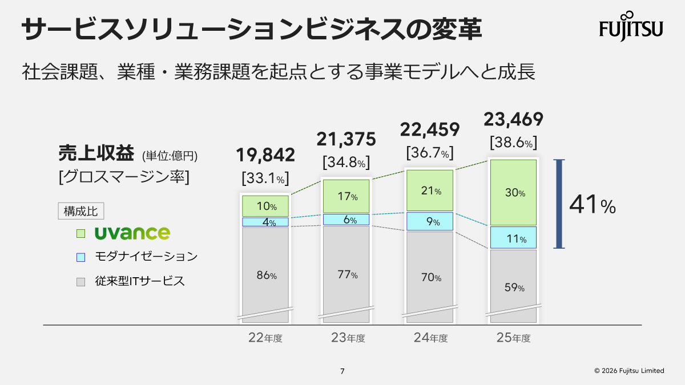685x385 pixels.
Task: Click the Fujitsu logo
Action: coord(631,26)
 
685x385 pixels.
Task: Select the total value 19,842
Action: coord(265,155)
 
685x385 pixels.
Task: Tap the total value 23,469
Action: coord(513,119)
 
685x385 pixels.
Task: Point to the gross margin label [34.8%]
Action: coord(346,163)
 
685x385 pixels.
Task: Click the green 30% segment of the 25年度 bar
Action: coord(513,193)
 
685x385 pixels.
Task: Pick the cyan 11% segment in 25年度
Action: coord(513,238)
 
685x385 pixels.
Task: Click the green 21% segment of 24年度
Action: coord(430,191)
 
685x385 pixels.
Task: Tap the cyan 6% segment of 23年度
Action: coord(346,220)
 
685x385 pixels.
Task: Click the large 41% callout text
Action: coord(593,205)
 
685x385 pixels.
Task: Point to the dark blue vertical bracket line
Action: coord(559,204)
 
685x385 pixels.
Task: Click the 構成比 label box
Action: coord(80,210)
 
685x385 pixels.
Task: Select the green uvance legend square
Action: coord(80,233)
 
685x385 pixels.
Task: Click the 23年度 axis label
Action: coord(348,338)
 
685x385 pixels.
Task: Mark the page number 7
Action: coord(342,371)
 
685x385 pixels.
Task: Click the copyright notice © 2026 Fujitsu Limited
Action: coord(629,371)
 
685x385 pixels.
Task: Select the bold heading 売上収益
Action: coord(94,154)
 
